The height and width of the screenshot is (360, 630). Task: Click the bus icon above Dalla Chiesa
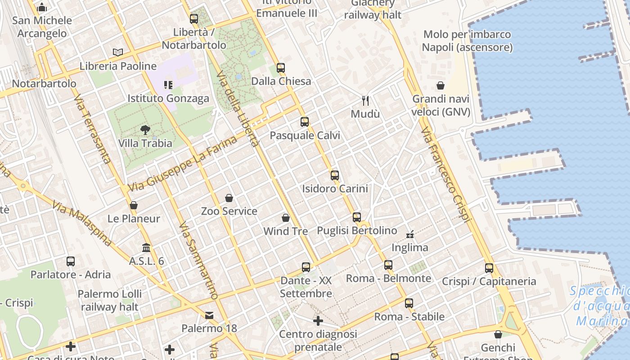(x=281, y=68)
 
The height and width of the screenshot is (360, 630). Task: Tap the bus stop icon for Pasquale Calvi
(x=305, y=122)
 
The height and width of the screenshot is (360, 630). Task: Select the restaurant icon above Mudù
(x=365, y=100)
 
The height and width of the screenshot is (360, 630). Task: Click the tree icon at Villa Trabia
(x=145, y=130)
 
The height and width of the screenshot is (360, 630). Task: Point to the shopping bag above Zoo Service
(x=229, y=198)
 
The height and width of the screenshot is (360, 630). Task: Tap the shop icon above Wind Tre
(x=285, y=218)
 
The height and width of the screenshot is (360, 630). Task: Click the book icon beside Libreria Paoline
(x=118, y=53)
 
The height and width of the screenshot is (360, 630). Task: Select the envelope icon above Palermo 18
(x=209, y=315)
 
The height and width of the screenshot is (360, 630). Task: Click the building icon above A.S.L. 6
(x=146, y=248)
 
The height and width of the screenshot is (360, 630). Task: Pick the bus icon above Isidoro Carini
(x=335, y=175)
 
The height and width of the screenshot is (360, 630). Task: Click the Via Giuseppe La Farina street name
(x=182, y=164)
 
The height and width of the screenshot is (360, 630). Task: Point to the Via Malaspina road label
(x=82, y=224)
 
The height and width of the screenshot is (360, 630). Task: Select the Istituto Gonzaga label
(x=168, y=98)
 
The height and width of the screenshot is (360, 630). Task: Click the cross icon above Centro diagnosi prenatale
(x=318, y=321)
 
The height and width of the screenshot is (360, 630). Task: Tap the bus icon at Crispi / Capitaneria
(x=489, y=268)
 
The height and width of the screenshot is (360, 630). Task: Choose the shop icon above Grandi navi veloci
(x=441, y=85)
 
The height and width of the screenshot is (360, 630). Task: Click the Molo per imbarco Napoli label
(x=467, y=40)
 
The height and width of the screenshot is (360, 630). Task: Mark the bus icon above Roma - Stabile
(x=409, y=303)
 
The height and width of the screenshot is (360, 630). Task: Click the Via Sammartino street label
(x=198, y=261)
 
